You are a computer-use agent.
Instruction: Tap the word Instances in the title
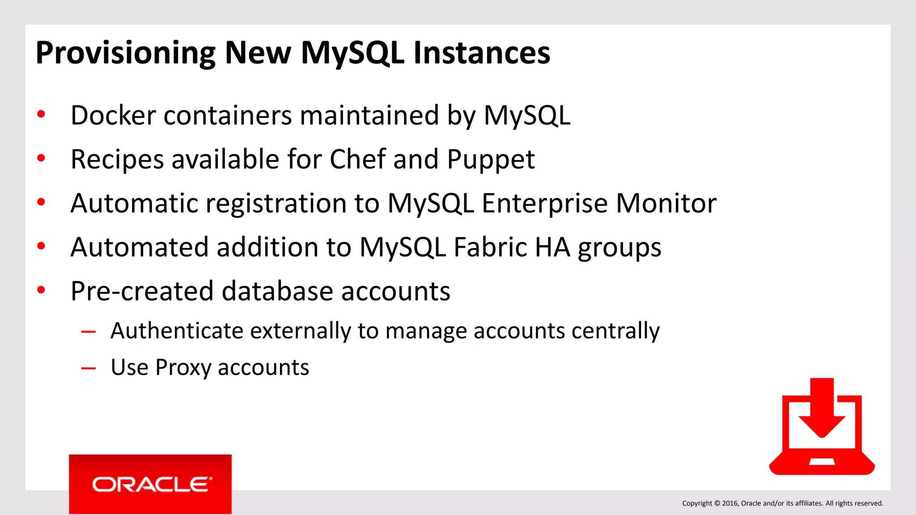pos(482,53)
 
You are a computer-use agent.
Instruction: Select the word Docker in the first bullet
pos(113,115)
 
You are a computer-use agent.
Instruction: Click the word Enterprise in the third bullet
pos(545,204)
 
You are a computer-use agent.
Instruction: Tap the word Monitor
pos(666,203)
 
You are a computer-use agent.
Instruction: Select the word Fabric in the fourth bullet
pos(490,247)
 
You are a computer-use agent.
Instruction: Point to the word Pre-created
pos(142,291)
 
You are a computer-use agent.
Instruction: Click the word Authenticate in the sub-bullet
pos(177,331)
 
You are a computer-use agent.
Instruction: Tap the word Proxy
pos(183,368)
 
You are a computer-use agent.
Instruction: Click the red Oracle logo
pos(150,484)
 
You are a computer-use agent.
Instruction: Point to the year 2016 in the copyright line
pos(729,503)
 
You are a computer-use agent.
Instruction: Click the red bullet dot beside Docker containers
pos(41,114)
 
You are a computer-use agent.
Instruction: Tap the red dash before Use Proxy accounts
pos(89,368)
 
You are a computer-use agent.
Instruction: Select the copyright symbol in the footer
pos(717,503)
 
